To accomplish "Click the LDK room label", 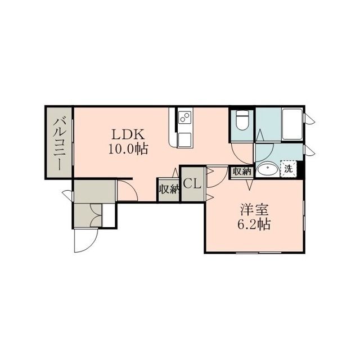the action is point(128,135).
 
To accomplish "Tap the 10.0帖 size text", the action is point(128,149).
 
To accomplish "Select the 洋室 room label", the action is point(254,210).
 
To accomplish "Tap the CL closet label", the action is point(192,184).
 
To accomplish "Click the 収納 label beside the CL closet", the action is point(169,189).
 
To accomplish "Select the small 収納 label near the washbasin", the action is point(242,171).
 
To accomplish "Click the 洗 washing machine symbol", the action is point(289,169).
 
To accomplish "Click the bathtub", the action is point(292,124).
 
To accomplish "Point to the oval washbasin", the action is point(268,169).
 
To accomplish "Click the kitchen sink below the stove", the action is point(184,140).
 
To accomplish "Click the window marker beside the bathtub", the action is point(309,119).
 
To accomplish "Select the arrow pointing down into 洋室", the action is point(250,184).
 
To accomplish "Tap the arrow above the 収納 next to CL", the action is point(175,173).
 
